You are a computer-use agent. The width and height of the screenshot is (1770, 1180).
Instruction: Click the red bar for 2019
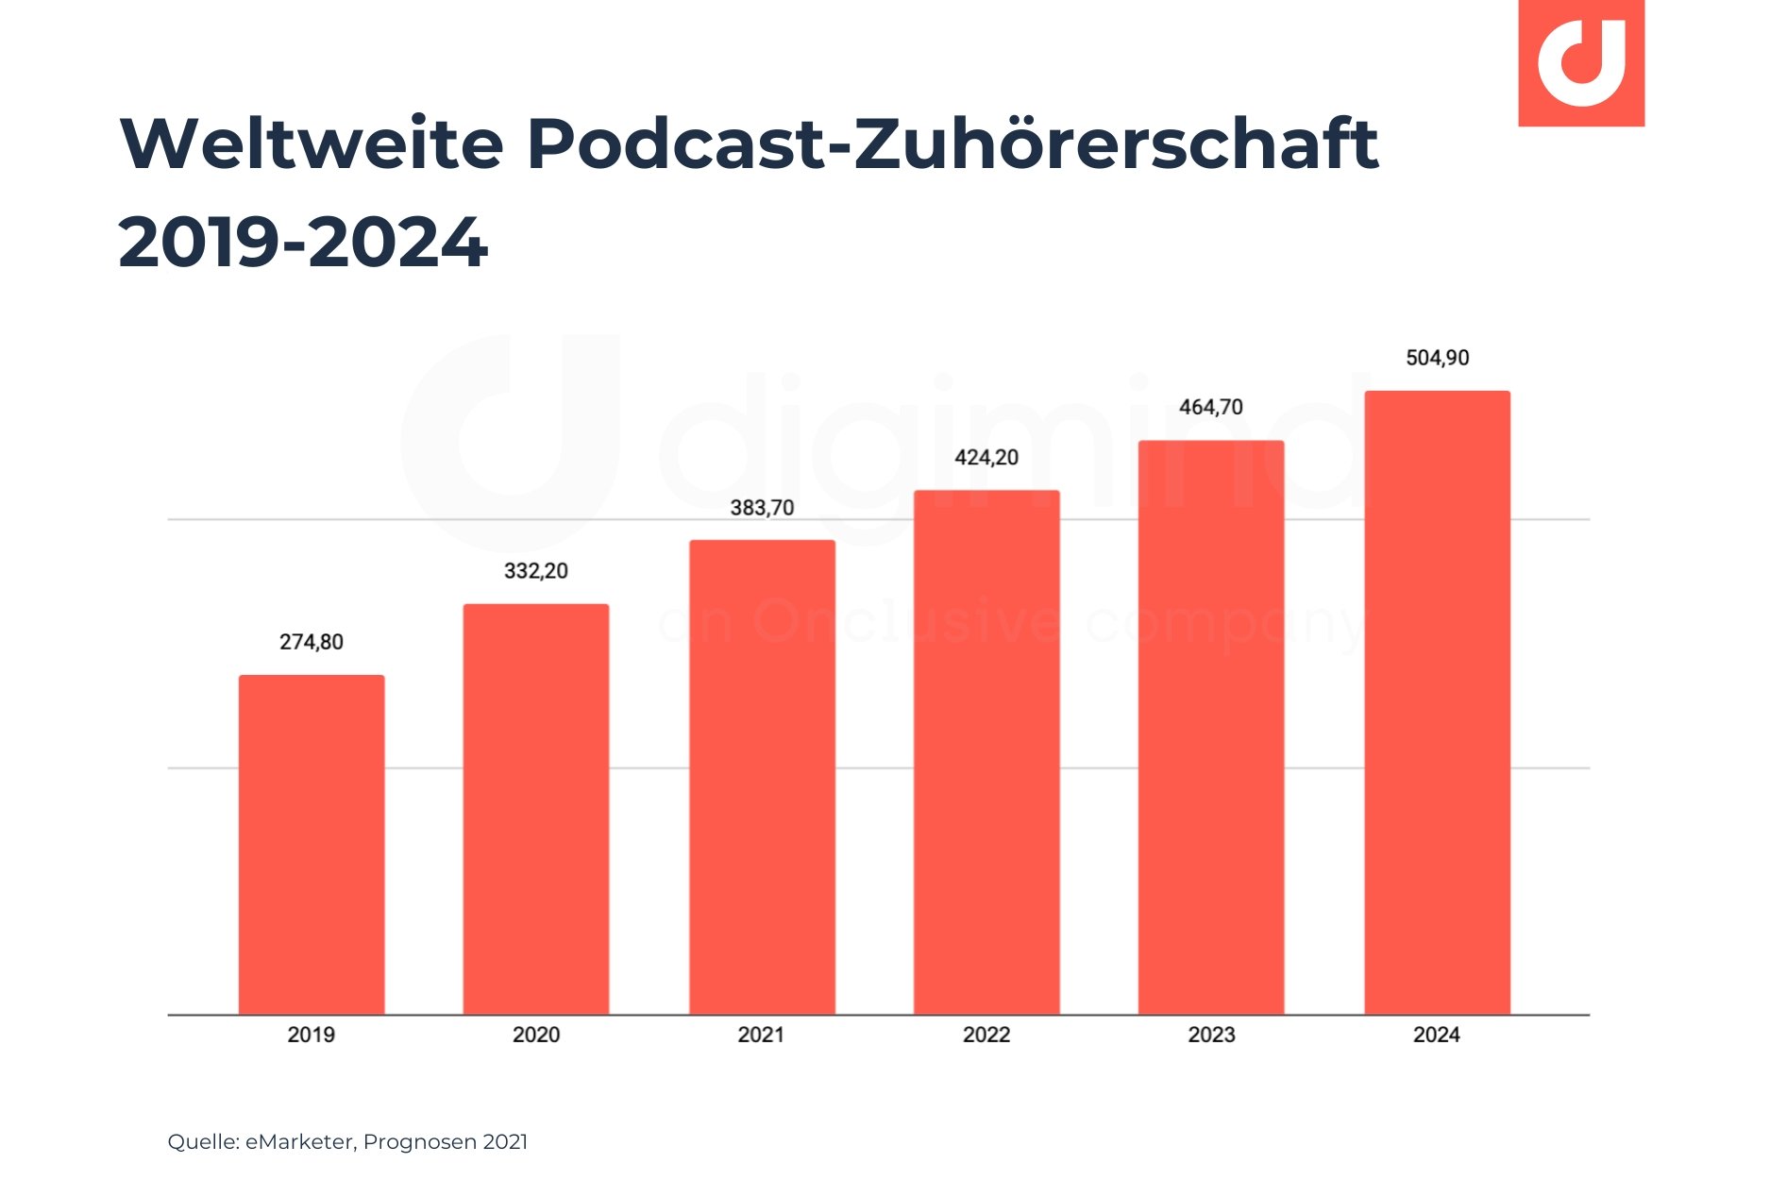[x=311, y=845]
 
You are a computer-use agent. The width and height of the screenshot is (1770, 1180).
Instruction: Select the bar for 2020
[x=535, y=809]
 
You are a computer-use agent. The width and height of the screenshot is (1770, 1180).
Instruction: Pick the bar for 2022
[x=986, y=752]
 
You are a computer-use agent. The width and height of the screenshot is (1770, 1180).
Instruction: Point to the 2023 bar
[x=1211, y=727]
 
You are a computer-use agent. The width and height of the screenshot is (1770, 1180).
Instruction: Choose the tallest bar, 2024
[x=1437, y=702]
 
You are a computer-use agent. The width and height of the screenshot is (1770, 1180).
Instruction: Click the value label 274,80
[x=311, y=642]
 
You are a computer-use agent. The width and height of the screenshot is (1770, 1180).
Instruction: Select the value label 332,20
[x=535, y=571]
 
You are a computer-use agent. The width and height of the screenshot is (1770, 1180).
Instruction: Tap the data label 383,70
[x=762, y=508]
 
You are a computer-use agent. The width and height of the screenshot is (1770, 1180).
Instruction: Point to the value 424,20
[x=986, y=458]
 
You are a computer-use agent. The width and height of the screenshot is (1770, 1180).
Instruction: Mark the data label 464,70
[x=1211, y=408]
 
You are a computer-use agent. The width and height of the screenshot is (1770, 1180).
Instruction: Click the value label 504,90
[x=1437, y=358]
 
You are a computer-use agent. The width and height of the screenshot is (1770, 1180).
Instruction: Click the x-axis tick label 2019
[x=311, y=1035]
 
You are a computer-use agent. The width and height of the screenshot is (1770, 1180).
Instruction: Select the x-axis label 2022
[x=986, y=1035]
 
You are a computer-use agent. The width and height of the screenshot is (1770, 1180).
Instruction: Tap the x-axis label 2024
[x=1436, y=1035]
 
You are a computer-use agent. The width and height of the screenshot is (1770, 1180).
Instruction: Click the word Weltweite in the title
[x=312, y=143]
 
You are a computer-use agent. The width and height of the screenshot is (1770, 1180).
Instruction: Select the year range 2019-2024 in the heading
[x=303, y=243]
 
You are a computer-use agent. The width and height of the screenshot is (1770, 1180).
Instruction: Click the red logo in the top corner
[x=1580, y=62]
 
